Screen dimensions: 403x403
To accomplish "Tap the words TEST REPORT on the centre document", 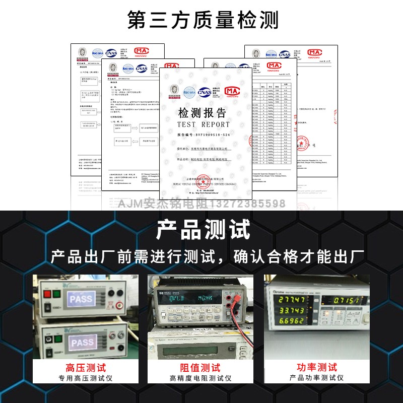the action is (x=203, y=124).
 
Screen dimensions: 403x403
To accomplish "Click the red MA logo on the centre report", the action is (x=232, y=91).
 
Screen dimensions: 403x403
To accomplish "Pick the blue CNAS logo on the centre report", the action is (x=205, y=91).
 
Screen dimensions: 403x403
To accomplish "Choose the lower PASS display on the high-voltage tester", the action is (x=82, y=343).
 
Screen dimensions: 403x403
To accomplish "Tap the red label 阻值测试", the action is (x=200, y=368).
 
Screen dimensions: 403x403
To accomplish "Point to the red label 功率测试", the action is (x=317, y=368).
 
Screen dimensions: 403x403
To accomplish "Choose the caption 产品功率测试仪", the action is (x=317, y=378).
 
